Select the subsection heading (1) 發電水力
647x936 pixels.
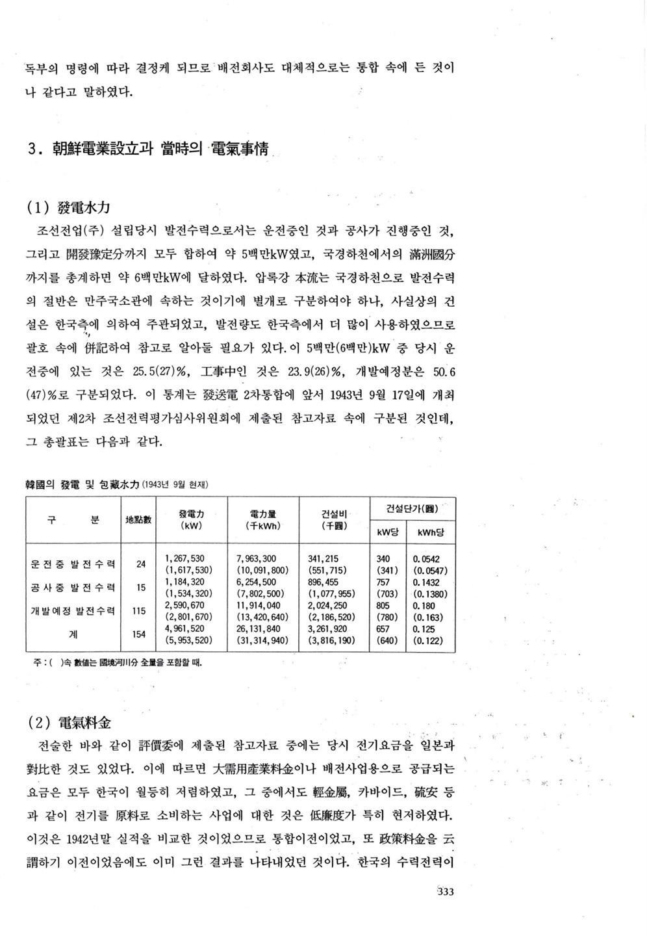(68, 208)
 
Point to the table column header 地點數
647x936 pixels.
(138, 519)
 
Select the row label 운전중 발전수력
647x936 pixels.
(73, 564)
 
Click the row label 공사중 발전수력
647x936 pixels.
(73, 588)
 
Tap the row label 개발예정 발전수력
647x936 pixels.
(73, 611)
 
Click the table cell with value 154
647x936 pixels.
(139, 634)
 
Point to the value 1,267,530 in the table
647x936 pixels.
(185, 558)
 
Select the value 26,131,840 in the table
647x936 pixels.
(259, 629)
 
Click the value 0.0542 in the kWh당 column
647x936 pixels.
(426, 558)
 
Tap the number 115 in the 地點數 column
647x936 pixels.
(139, 611)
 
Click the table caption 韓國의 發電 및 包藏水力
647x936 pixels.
(82, 485)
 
